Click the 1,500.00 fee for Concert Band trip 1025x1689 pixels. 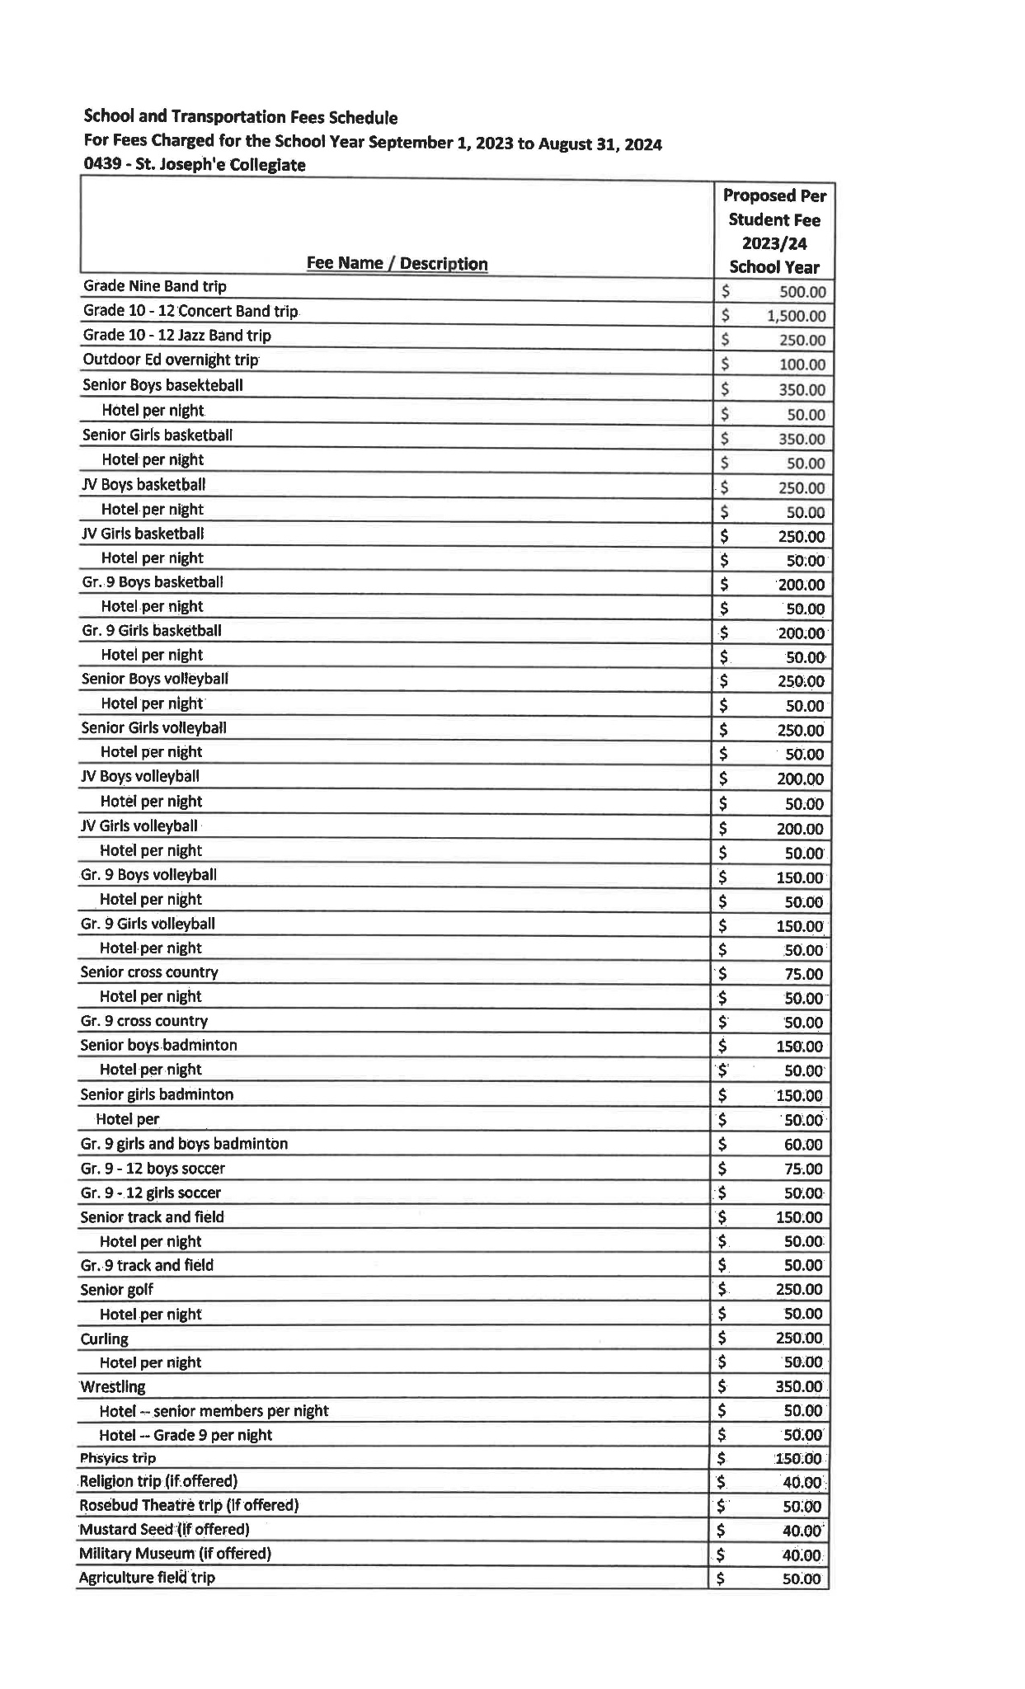pyautogui.click(x=795, y=316)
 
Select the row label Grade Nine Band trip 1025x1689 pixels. pyautogui.click(x=154, y=286)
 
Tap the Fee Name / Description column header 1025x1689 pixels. pyautogui.click(x=397, y=263)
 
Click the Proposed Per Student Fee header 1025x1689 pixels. pyautogui.click(x=773, y=231)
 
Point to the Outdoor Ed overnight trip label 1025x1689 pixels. pyautogui.click(x=171, y=360)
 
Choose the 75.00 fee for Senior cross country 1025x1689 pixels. pyautogui.click(x=803, y=974)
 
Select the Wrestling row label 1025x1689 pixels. pyautogui.click(x=113, y=1386)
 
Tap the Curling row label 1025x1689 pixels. pyautogui.click(x=105, y=1338)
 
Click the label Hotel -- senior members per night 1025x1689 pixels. pyautogui.click(x=214, y=1410)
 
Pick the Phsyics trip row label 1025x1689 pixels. pyautogui.click(x=118, y=1458)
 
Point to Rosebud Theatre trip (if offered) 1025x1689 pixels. pyautogui.click(x=189, y=1505)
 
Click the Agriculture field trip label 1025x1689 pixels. pyautogui.click(x=147, y=1578)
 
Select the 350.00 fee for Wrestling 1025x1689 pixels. pyautogui.click(x=798, y=1386)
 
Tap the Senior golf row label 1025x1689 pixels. pyautogui.click(x=116, y=1289)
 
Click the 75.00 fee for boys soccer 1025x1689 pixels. pyautogui.click(x=803, y=1169)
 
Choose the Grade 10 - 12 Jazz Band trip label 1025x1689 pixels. pyautogui.click(x=176, y=336)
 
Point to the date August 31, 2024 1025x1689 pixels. pyautogui.click(x=600, y=143)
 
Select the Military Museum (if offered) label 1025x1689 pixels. pyautogui.click(x=175, y=1553)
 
